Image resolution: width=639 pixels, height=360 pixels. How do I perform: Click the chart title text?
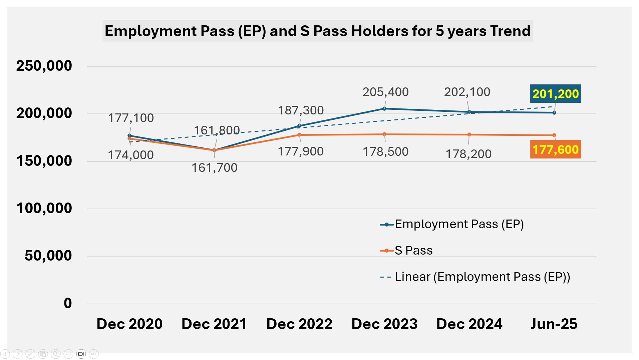point(317,31)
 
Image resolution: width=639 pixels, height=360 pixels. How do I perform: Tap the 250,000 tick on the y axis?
point(44,66)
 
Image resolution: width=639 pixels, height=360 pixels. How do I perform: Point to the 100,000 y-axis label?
point(44,208)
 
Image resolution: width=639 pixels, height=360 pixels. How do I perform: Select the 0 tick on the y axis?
point(68,303)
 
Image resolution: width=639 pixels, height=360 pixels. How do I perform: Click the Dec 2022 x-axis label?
point(299,324)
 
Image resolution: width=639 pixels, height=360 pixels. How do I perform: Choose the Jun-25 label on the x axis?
point(554,324)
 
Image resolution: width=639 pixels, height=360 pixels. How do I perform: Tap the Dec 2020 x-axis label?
point(129,324)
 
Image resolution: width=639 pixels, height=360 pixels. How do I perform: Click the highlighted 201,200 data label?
point(556,94)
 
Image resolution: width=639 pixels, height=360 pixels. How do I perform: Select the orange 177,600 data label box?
point(556,149)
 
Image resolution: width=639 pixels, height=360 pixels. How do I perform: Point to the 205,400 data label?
point(385,92)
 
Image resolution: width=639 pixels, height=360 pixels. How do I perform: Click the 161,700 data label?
point(215,167)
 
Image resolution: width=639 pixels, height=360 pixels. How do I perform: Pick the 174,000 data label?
point(131,155)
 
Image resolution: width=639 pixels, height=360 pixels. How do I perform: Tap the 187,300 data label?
point(301,110)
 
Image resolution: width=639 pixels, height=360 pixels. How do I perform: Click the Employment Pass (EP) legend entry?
point(452,224)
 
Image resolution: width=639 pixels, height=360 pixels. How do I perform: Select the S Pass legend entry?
point(406,251)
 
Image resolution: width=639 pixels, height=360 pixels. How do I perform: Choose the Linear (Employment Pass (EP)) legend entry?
point(475,277)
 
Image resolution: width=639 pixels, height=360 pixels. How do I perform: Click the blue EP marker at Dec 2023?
point(384,109)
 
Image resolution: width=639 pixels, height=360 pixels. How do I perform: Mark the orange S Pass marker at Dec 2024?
point(469,135)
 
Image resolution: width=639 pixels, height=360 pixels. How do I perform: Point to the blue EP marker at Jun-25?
point(554,113)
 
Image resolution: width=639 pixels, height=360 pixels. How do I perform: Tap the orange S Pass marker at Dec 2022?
point(299,135)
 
